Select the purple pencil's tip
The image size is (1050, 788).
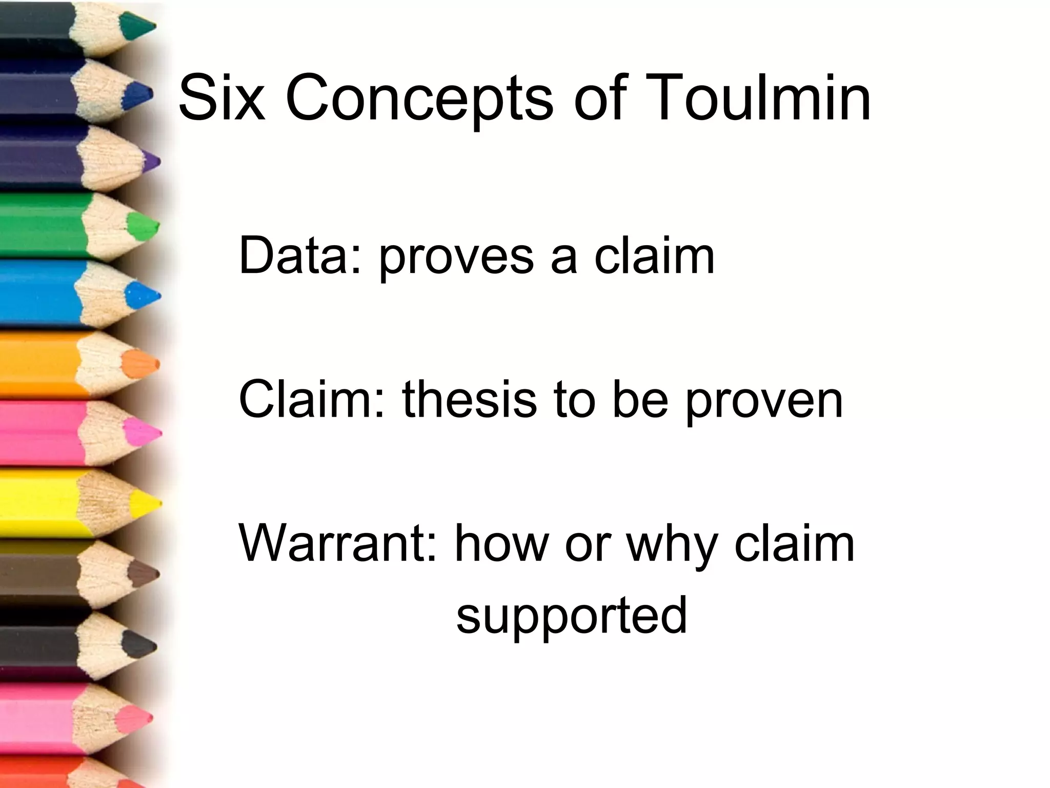click(152, 161)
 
